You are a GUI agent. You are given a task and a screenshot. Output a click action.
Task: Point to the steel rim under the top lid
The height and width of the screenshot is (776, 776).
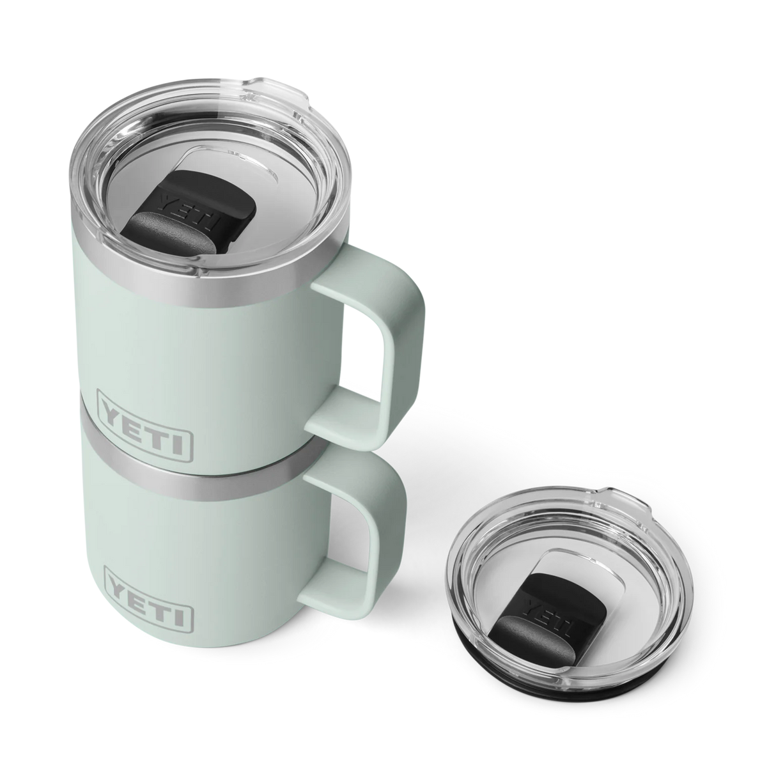pos(192,286)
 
